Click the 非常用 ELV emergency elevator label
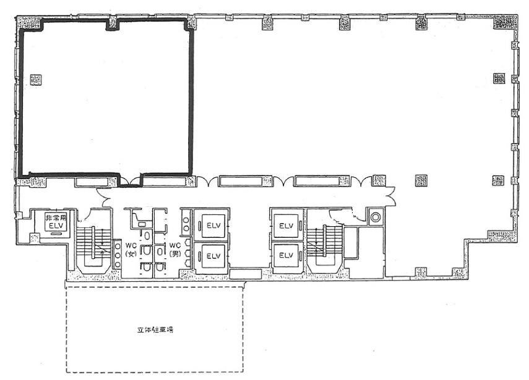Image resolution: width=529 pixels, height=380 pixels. pyautogui.click(x=56, y=222)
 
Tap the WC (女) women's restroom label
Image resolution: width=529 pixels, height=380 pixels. pyautogui.click(x=131, y=250)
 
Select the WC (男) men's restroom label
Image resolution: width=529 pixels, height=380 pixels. pyautogui.click(x=174, y=249)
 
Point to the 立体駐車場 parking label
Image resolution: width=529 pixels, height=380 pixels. pyautogui.click(x=155, y=330)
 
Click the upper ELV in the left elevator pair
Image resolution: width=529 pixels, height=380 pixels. pyautogui.click(x=213, y=226)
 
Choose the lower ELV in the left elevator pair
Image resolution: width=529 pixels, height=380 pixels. pyautogui.click(x=213, y=256)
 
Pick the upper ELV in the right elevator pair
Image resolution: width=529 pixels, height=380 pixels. pyautogui.click(x=286, y=226)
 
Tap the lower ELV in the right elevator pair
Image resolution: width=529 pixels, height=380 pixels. pyautogui.click(x=286, y=256)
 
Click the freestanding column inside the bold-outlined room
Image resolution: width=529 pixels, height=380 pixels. pyautogui.click(x=35, y=80)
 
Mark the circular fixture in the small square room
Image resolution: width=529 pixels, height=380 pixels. pyautogui.click(x=375, y=217)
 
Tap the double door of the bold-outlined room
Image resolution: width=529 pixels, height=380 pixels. pyautogui.click(x=131, y=180)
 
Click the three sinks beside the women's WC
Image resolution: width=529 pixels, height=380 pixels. pyautogui.click(x=117, y=255)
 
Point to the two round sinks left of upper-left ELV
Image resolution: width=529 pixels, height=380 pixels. pyautogui.click(x=186, y=224)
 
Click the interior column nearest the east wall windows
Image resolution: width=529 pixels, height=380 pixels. pyautogui.click(x=498, y=78)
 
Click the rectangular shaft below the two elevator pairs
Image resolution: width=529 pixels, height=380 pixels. pyautogui.click(x=245, y=274)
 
